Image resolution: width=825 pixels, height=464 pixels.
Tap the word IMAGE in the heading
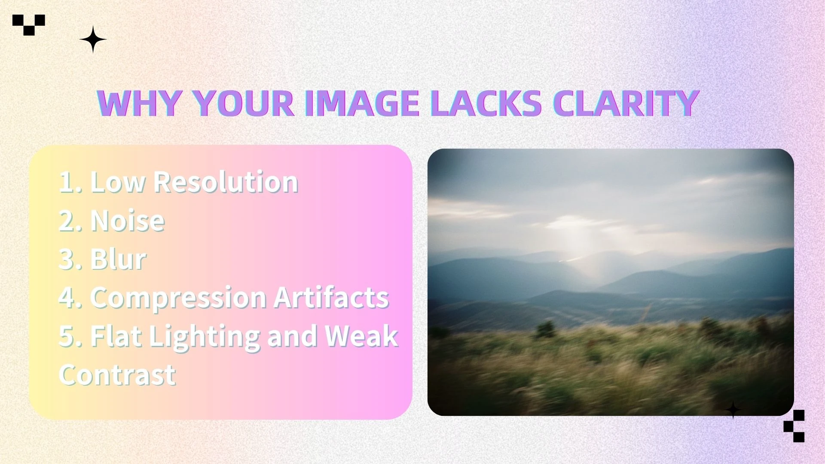(x=362, y=104)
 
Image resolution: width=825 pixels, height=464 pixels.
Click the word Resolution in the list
(x=226, y=182)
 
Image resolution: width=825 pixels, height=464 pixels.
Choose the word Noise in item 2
(x=128, y=220)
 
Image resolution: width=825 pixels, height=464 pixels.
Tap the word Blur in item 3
(x=118, y=259)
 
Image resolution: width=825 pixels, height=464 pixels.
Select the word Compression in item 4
(x=178, y=298)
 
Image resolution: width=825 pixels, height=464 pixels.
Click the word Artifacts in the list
(x=331, y=297)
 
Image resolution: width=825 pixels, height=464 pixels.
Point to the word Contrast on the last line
(x=117, y=375)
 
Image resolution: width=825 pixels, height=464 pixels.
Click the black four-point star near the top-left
(x=93, y=40)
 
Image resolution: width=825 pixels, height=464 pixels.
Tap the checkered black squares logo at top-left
(x=28, y=24)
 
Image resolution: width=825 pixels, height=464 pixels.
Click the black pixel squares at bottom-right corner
(x=794, y=426)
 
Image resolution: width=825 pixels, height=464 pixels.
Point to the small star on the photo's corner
(x=733, y=410)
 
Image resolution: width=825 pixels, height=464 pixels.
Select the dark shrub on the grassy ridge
(x=545, y=329)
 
